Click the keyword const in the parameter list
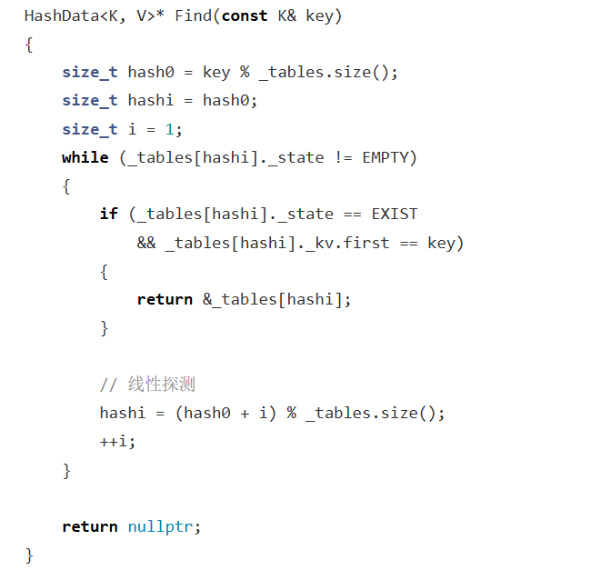[243, 16]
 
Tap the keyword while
[85, 157]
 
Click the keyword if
[109, 214]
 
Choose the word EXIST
[395, 214]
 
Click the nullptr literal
[161, 526]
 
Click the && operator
[146, 243]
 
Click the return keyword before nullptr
[89, 526]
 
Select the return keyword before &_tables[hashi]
[165, 299]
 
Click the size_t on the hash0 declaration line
[89, 73]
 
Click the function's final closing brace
[29, 554]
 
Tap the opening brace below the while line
[66, 185]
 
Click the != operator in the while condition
[343, 157]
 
